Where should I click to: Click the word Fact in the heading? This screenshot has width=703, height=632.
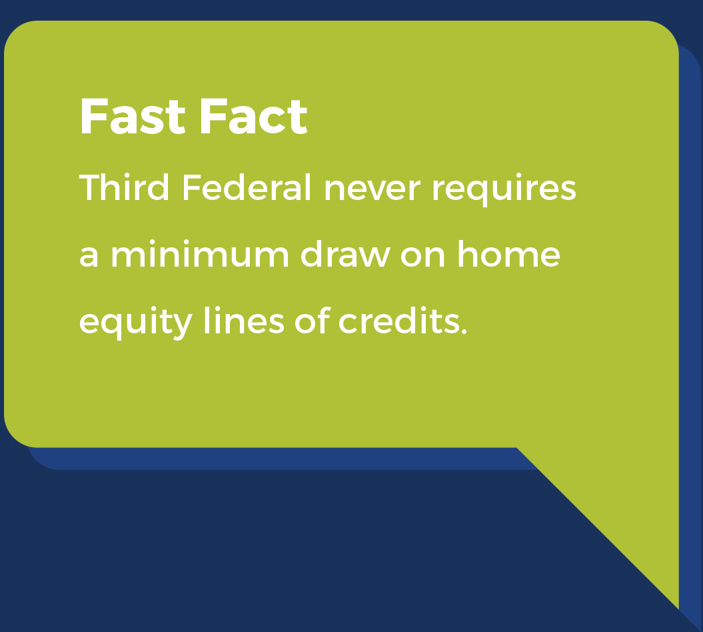(253, 117)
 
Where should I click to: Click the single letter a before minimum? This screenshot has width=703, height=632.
(89, 257)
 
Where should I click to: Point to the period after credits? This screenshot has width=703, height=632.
(464, 331)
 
